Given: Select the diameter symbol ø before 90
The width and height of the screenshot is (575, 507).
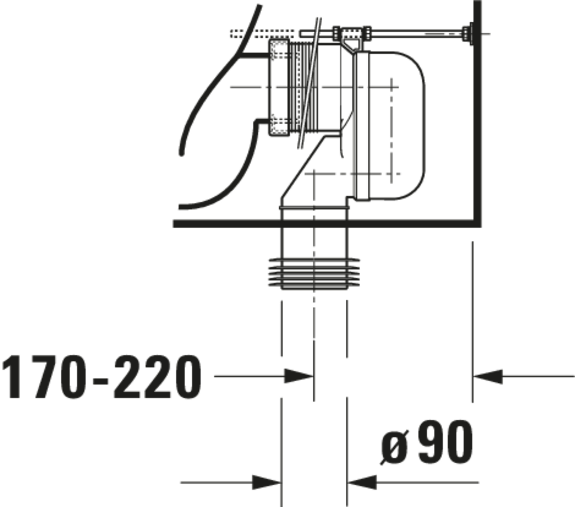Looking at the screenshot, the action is point(394,447).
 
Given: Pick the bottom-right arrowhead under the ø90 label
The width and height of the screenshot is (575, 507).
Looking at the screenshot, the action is point(362,482).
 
